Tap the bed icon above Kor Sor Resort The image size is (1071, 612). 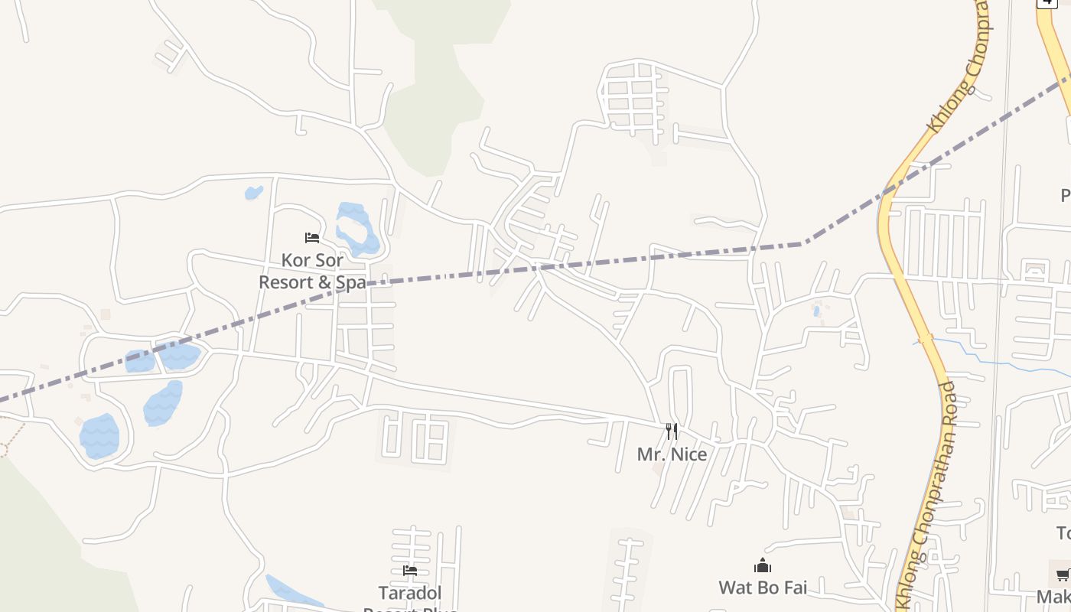[x=312, y=238]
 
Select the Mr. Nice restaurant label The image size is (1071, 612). [x=672, y=454]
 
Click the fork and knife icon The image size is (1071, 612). [x=671, y=431]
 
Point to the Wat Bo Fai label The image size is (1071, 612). [x=763, y=588]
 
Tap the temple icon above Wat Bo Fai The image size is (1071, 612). [x=763, y=566]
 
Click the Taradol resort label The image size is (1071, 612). [x=410, y=593]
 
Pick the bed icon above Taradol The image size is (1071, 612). [x=410, y=571]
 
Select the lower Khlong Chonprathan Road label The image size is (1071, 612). [x=928, y=490]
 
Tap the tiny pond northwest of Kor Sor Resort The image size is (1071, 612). [x=253, y=193]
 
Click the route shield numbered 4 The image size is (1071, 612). [x=1047, y=2]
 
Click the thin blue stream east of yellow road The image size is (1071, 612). [x=987, y=356]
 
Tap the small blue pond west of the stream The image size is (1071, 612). [x=817, y=311]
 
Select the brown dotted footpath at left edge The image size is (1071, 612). [x=11, y=440]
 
